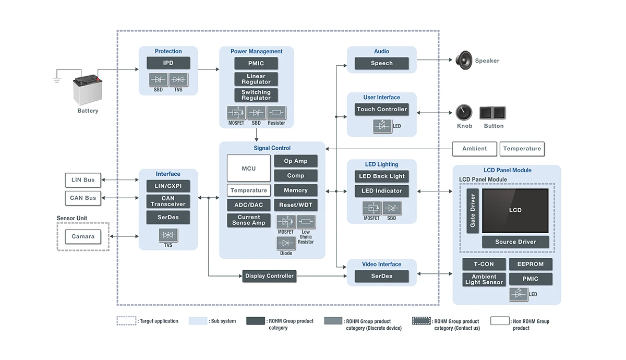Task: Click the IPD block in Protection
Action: (168, 63)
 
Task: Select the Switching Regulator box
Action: (256, 95)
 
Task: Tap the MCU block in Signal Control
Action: (249, 168)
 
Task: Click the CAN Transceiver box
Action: (168, 201)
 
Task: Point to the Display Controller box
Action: (269, 276)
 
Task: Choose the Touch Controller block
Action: (381, 110)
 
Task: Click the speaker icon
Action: (464, 61)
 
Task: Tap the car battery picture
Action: (87, 90)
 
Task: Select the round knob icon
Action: (464, 112)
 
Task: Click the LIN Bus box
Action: (83, 180)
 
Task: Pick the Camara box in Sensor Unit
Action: (83, 236)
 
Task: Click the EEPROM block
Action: (531, 265)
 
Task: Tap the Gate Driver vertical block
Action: (473, 210)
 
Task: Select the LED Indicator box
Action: (382, 191)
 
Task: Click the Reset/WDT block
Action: (296, 205)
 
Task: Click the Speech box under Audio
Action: (381, 63)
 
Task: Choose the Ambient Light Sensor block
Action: (484, 279)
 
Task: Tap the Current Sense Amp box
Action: (249, 220)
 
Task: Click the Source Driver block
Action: (515, 242)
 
